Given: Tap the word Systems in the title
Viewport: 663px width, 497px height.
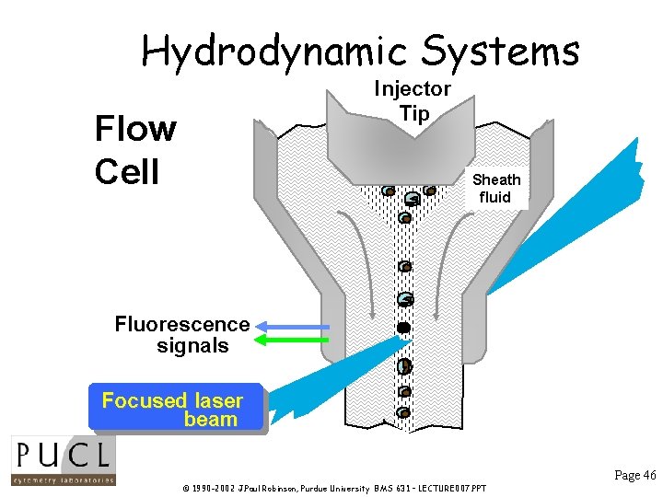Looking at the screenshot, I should pos(498,52).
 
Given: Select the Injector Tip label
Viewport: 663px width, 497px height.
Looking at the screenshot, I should pos(412,101).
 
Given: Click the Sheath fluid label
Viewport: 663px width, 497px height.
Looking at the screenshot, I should pos(495,188).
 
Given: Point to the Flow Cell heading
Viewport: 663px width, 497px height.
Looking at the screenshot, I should pos(134,150).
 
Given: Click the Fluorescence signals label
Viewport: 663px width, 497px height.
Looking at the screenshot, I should pos(182,335).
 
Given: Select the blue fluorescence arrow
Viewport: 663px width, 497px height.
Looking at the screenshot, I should pos(292,327).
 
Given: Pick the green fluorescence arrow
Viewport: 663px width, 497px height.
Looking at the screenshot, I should pos(292,341).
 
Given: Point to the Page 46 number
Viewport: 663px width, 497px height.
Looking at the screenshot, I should pos(634,475).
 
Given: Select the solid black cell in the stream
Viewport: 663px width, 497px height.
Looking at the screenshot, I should pos(402,328).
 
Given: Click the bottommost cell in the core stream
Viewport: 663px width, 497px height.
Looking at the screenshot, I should pos(403,412).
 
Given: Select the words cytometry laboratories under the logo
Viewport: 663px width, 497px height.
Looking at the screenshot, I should pos(63,479).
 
